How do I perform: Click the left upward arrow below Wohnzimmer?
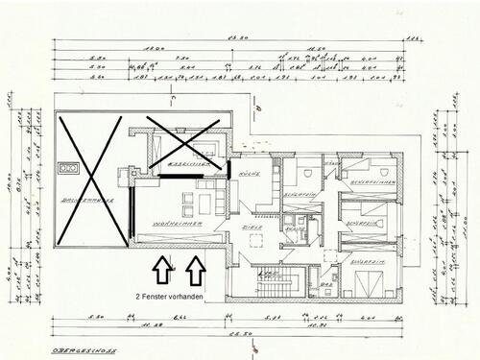click(161, 271)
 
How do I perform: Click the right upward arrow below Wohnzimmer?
click(197, 271)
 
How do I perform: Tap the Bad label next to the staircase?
click(325, 285)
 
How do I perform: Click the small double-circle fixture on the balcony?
click(69, 168)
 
